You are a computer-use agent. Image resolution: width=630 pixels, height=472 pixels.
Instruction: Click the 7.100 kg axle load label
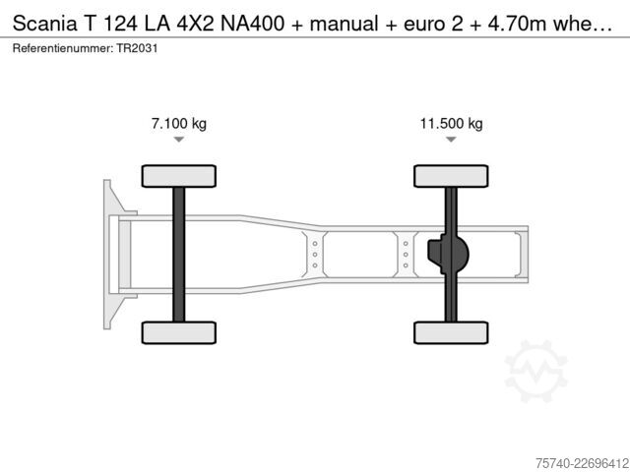coord(179,123)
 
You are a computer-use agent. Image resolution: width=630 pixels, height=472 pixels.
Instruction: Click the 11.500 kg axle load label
coord(451,123)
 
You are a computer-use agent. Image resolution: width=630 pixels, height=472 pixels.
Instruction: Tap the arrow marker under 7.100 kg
coord(179,140)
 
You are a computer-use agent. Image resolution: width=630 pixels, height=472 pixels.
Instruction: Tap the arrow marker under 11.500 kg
coord(451,140)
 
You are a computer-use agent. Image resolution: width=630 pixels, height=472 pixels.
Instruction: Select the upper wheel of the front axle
coord(179,176)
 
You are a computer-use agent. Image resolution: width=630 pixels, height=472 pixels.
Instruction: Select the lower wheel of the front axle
coord(179,332)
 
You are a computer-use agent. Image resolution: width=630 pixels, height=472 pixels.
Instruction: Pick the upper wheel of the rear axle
coord(451,176)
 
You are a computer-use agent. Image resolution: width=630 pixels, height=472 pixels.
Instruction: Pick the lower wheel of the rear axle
coord(451,332)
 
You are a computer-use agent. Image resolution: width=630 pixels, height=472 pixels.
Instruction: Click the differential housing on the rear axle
coord(448,254)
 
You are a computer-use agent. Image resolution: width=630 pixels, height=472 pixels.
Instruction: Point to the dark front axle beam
coord(179,255)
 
